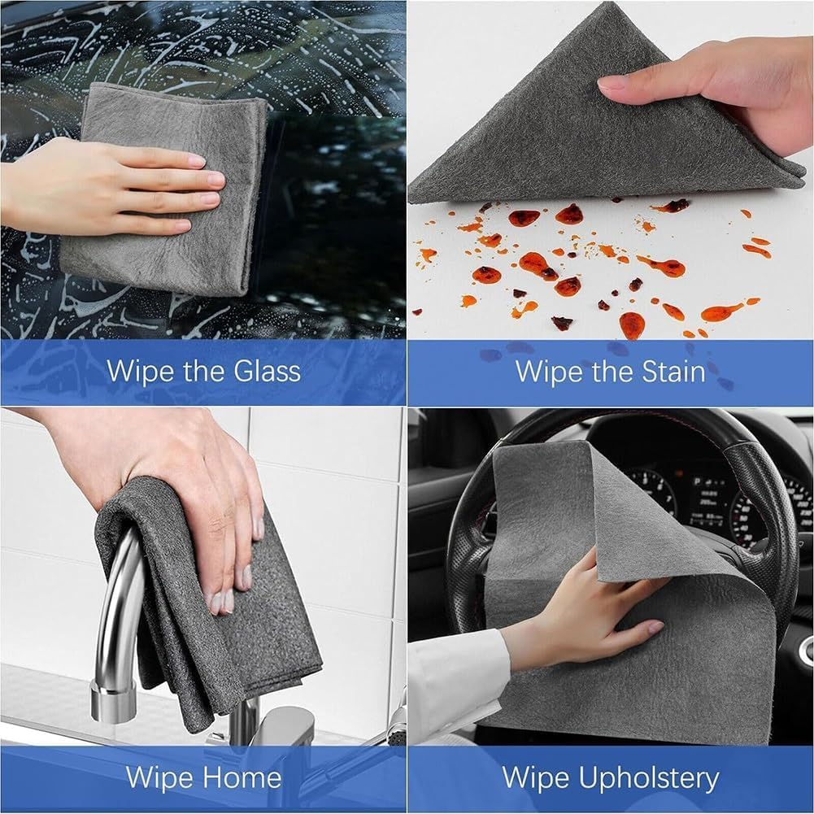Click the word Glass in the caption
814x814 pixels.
click(259, 372)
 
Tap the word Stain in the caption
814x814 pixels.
click(665, 372)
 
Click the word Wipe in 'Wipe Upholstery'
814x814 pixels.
click(533, 777)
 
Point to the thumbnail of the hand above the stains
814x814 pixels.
click(612, 83)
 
